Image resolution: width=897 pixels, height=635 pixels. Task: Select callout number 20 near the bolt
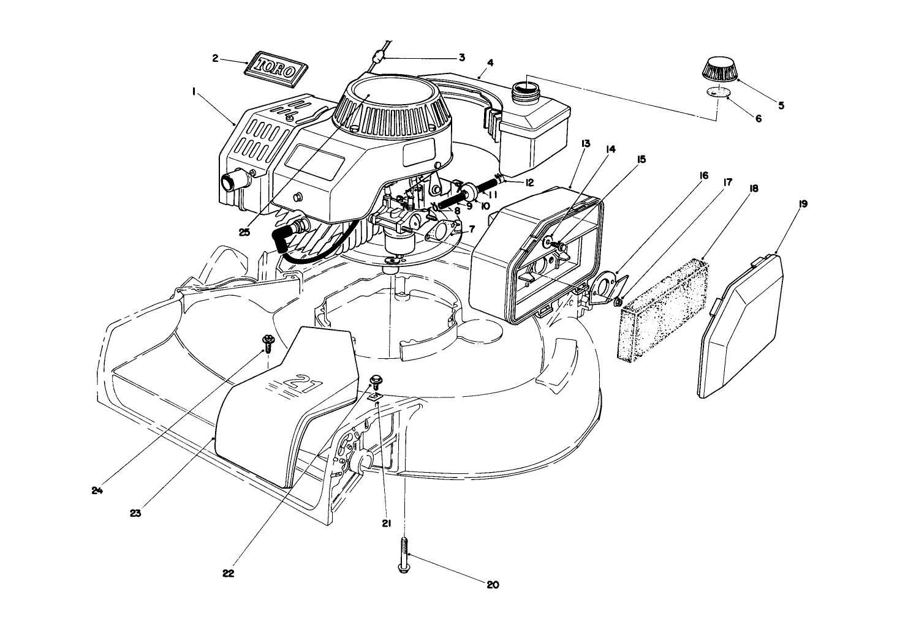493,585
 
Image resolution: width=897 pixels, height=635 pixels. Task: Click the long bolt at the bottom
404,554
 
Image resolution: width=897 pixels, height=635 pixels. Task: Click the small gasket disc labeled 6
718,92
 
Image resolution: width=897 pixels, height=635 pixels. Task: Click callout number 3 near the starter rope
461,58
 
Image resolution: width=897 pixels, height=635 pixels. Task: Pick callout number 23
135,513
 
